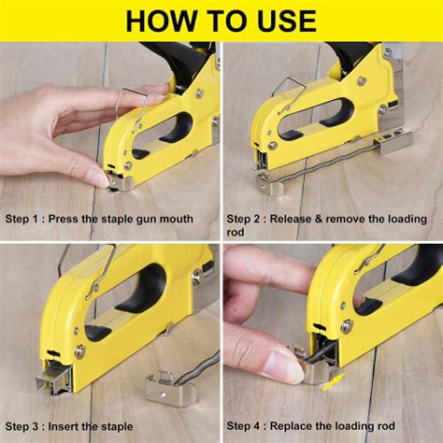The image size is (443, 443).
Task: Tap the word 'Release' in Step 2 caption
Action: tap(303, 219)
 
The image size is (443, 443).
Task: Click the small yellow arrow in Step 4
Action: tap(333, 380)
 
